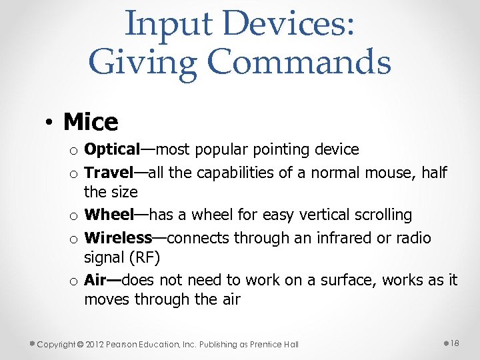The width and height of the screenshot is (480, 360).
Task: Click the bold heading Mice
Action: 91,122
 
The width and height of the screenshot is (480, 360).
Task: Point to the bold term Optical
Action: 111,150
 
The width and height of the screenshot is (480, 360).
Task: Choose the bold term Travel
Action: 109,173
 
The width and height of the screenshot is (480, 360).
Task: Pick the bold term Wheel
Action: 109,215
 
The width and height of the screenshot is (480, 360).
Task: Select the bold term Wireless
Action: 118,237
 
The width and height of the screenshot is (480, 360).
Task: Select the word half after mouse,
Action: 434,173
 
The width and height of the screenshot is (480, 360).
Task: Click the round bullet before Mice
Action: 50,123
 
